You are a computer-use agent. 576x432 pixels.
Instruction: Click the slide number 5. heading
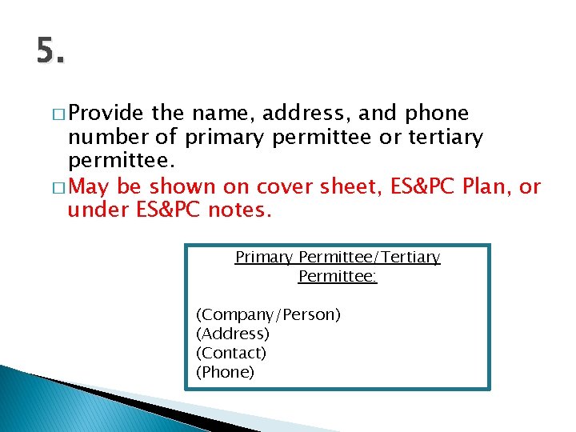pos(50,52)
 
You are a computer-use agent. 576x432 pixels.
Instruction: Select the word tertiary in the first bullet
pos(446,138)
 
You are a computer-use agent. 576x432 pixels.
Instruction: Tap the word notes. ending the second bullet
pos(240,211)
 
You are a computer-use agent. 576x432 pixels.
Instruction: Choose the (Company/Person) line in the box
pos(268,314)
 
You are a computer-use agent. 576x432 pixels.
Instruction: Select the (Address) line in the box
pos(233,334)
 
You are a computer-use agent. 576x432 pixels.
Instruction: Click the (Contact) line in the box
pos(231,353)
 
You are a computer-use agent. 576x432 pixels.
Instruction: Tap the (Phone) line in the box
pos(225,372)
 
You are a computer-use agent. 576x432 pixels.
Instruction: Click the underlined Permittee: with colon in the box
pos(338,277)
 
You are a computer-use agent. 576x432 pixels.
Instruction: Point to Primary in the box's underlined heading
pos(264,258)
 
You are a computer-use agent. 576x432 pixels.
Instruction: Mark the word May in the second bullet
pos(91,187)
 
